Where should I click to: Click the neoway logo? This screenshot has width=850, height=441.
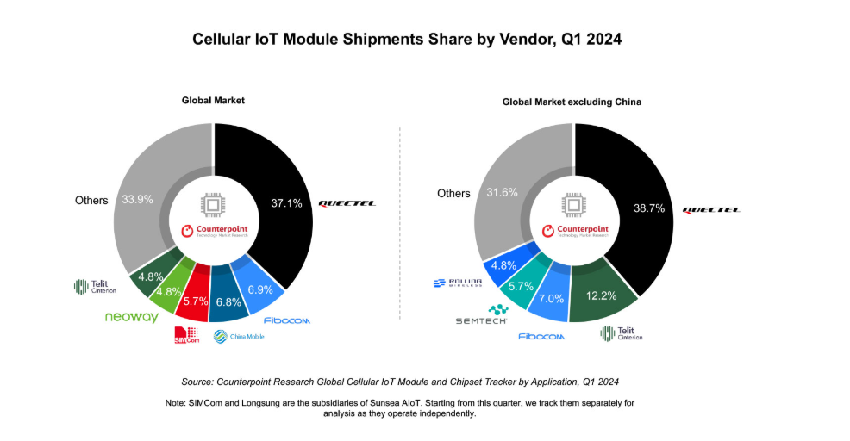coord(131,317)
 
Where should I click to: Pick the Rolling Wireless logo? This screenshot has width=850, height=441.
coord(457,283)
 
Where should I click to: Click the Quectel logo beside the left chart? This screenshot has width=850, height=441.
coord(347,203)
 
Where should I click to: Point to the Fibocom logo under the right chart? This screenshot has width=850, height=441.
coord(541,337)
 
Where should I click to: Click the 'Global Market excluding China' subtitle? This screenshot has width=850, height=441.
coord(572,102)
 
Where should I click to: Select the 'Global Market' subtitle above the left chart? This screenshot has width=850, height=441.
coord(213,101)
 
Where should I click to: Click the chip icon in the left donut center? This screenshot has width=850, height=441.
coord(214,204)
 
